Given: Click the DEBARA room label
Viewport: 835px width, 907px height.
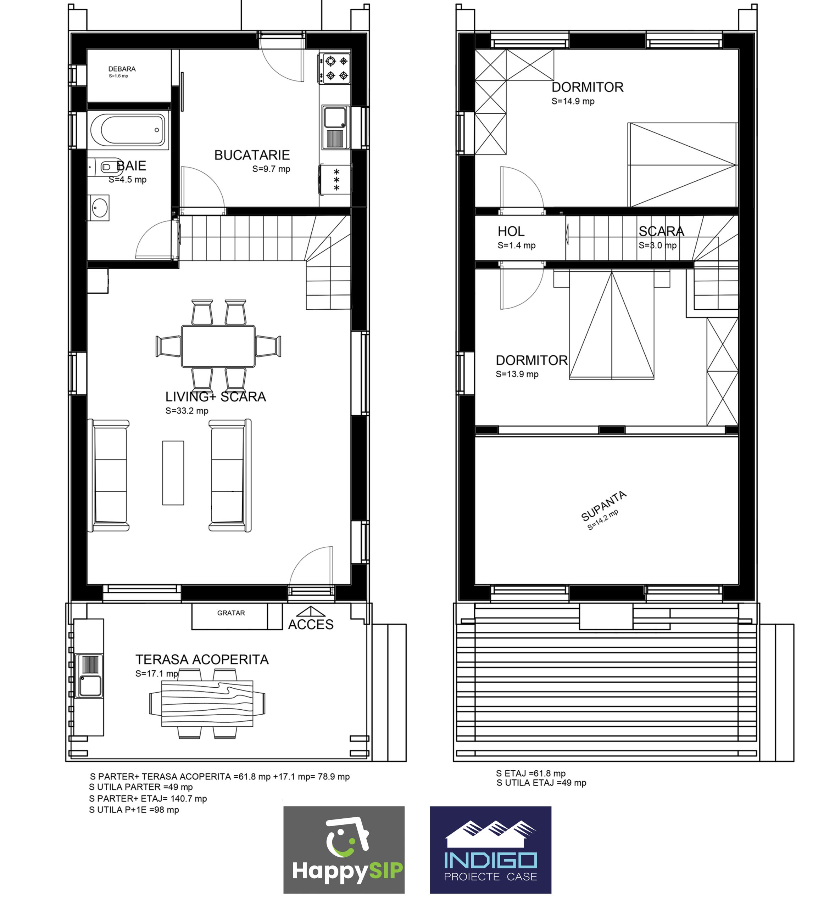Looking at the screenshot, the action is click(122, 69).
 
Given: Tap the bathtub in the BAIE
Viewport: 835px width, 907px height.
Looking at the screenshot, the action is click(128, 130).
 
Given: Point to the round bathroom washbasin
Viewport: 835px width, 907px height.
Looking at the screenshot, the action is click(99, 208).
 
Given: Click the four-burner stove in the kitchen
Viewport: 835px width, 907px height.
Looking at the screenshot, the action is click(334, 68).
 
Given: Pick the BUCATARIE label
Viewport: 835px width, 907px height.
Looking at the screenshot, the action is click(252, 155).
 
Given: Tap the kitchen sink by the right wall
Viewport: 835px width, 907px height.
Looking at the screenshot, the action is click(335, 127).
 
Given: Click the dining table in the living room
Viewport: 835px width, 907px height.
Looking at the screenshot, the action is click(218, 346).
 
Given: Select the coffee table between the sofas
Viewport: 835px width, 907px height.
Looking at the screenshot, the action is click(173, 473).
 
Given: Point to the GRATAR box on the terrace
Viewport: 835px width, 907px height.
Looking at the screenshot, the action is click(230, 616).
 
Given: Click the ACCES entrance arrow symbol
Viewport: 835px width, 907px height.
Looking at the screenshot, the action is click(311, 612).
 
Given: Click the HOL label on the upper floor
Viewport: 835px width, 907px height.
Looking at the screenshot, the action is click(511, 232).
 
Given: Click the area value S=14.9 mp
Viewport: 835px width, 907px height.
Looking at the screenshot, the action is click(573, 101).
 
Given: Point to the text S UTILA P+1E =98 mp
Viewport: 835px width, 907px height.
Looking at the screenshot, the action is click(134, 810).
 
